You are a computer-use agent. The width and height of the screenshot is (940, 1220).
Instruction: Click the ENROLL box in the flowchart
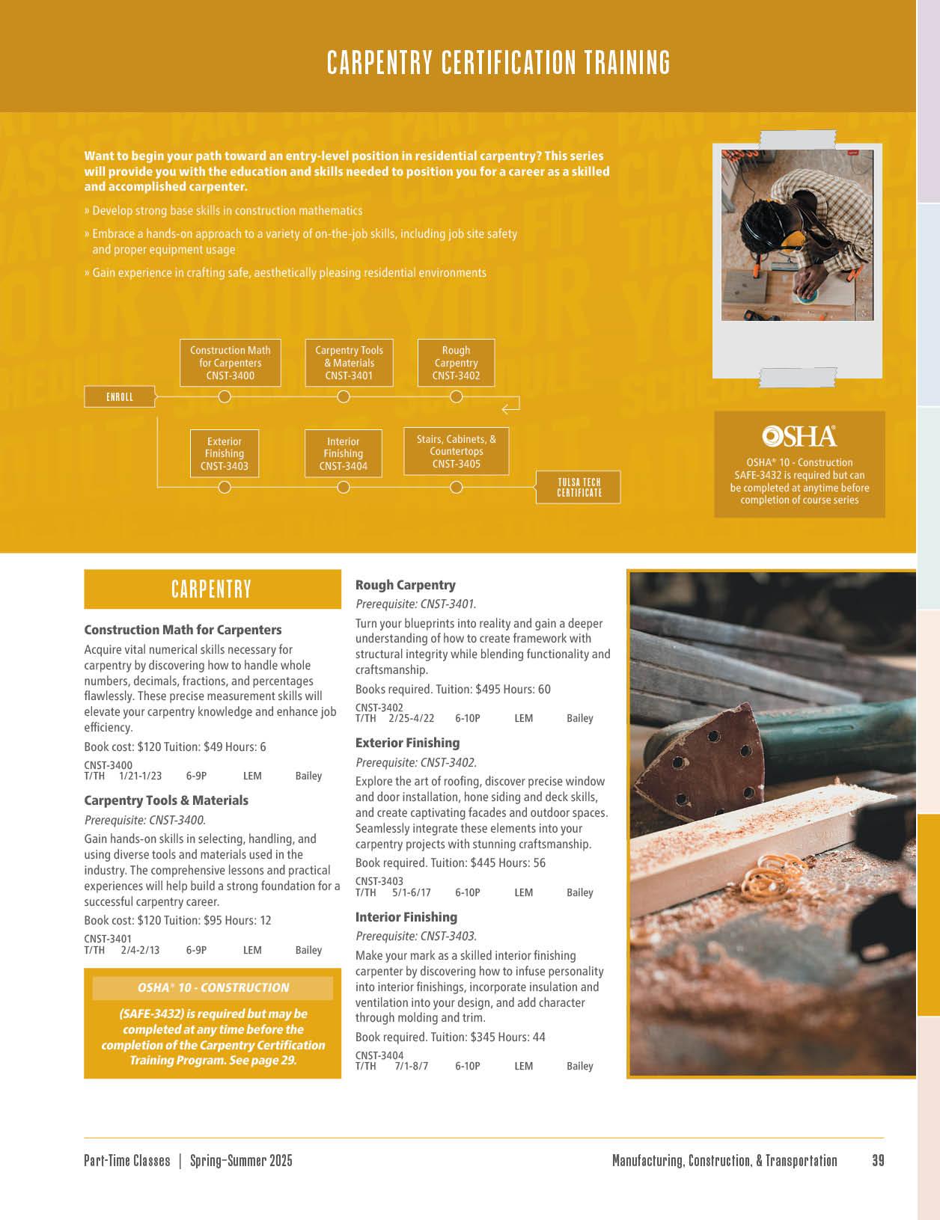pyautogui.click(x=120, y=396)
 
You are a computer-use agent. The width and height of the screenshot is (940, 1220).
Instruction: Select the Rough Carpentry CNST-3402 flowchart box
pyautogui.click(x=456, y=363)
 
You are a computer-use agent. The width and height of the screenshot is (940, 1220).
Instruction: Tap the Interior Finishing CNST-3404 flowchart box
pyautogui.click(x=344, y=453)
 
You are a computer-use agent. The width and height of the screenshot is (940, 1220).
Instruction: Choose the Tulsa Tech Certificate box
pyautogui.click(x=579, y=487)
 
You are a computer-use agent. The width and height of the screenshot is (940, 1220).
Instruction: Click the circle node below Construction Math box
pyautogui.click(x=225, y=396)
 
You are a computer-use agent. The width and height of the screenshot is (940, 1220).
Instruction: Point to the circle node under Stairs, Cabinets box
pyautogui.click(x=457, y=488)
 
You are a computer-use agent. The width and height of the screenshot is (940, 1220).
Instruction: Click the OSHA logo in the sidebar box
pyautogui.click(x=799, y=436)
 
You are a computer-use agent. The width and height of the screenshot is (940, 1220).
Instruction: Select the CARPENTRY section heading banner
pyautogui.click(x=212, y=589)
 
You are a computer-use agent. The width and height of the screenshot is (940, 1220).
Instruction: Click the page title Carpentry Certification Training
pyautogui.click(x=498, y=63)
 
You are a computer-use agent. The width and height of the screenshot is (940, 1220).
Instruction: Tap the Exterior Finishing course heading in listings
pyautogui.click(x=407, y=743)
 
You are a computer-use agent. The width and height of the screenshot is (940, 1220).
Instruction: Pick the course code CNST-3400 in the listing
pyautogui.click(x=108, y=765)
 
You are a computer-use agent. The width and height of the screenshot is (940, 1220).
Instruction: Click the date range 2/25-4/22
pyautogui.click(x=411, y=718)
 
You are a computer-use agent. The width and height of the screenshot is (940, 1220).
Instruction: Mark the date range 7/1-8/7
pyautogui.click(x=411, y=1066)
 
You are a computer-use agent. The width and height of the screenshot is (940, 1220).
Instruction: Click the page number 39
pyautogui.click(x=878, y=1160)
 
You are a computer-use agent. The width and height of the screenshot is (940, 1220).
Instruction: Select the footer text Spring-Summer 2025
pyautogui.click(x=241, y=1160)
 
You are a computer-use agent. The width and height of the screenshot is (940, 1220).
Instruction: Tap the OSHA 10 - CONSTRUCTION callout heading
pyautogui.click(x=213, y=987)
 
